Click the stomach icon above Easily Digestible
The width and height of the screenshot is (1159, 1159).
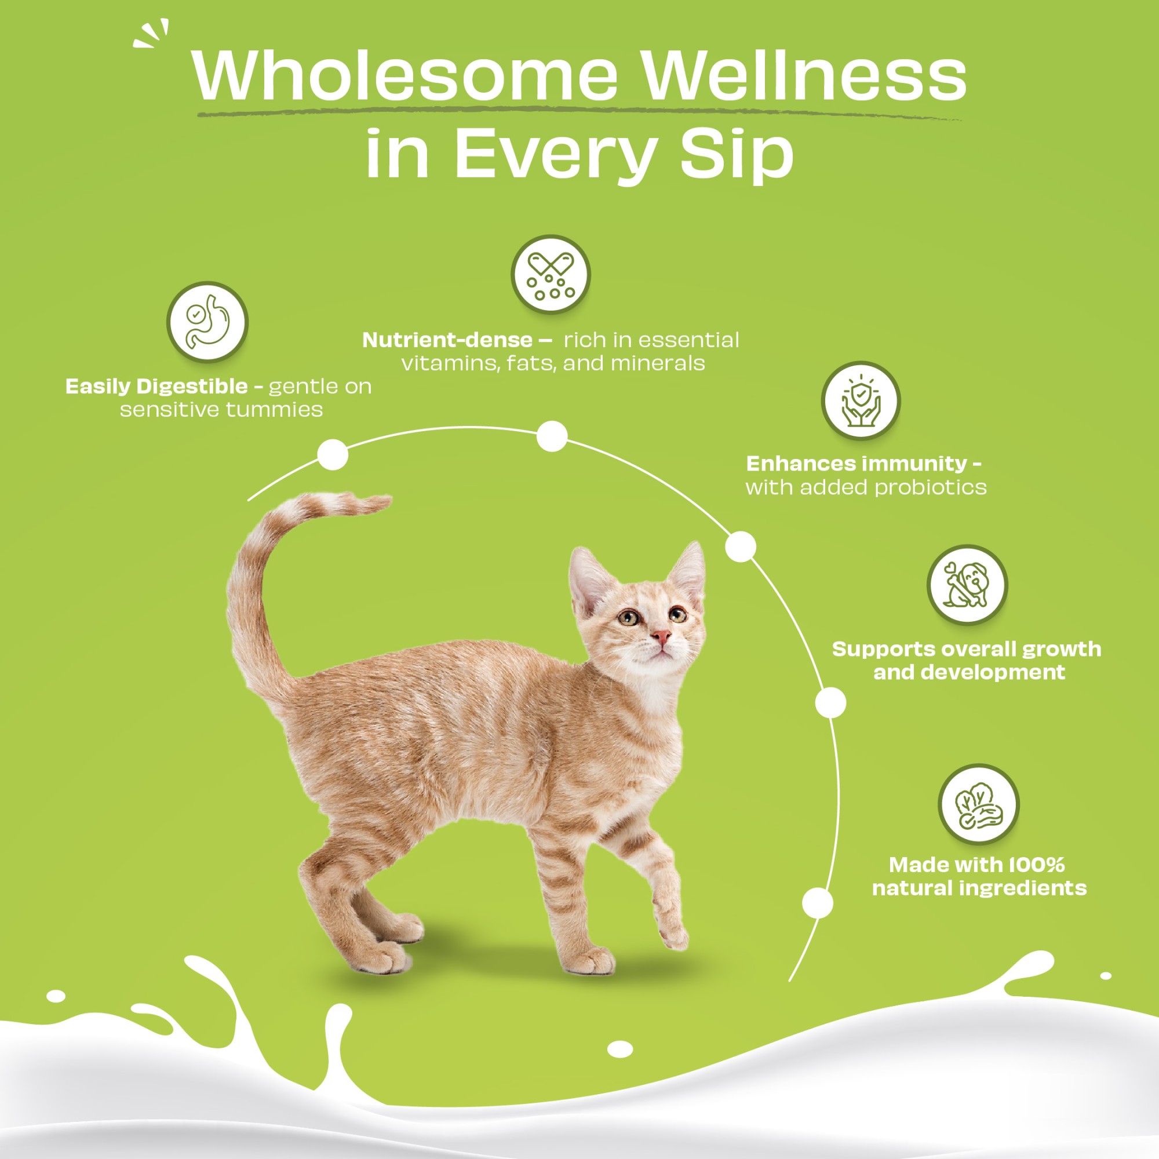pyautogui.click(x=207, y=322)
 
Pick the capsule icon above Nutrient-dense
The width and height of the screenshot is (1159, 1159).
pyautogui.click(x=551, y=275)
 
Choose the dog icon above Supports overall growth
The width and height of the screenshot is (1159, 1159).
pyautogui.click(x=967, y=584)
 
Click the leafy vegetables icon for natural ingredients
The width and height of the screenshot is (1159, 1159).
pyautogui.click(x=978, y=804)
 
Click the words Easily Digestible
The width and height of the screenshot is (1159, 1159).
pyautogui.click(x=156, y=387)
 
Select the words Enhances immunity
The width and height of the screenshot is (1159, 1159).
pyautogui.click(x=856, y=463)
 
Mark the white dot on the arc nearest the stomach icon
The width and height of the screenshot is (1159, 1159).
pyautogui.click(x=332, y=454)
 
